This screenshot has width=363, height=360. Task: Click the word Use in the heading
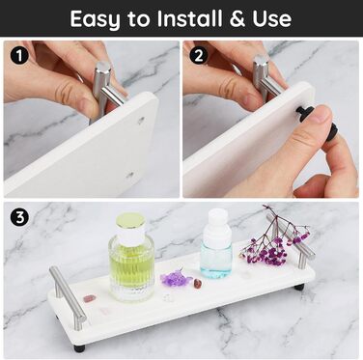[272, 18]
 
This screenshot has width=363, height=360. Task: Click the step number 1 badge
[19, 56]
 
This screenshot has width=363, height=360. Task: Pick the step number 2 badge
[199, 56]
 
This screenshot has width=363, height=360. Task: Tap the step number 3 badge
[19, 217]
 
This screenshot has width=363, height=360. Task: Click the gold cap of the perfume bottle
[130, 221]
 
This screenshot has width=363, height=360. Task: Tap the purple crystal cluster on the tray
[175, 277]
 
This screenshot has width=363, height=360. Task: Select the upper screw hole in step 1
[141, 121]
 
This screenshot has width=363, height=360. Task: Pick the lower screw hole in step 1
[130, 176]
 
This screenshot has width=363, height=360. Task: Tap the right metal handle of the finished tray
[291, 237]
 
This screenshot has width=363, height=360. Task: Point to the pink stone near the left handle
[88, 299]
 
